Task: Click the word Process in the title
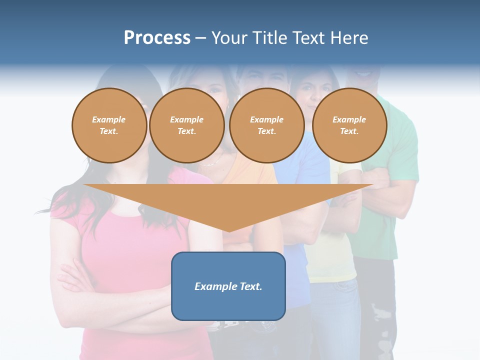click(x=157, y=38)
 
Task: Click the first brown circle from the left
click(x=109, y=125)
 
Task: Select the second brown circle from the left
click(x=186, y=125)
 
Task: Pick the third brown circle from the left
click(x=266, y=125)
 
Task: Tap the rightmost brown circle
click(x=349, y=125)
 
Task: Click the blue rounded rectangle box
click(x=228, y=300)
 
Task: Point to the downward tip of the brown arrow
click(x=229, y=230)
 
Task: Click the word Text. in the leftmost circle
click(x=109, y=131)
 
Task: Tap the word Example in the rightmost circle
click(x=349, y=119)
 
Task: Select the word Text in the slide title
click(x=309, y=38)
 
